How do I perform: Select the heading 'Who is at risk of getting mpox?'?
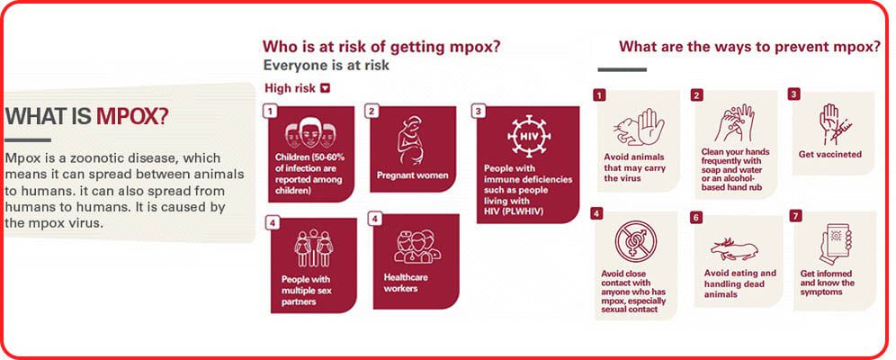[381, 47]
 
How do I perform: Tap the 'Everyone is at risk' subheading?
[326, 66]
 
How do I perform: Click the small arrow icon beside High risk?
[326, 88]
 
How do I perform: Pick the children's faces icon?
[309, 135]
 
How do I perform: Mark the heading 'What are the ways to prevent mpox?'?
[749, 47]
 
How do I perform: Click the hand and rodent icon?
[635, 125]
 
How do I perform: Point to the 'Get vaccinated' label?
[829, 154]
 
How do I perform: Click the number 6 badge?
[696, 218]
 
